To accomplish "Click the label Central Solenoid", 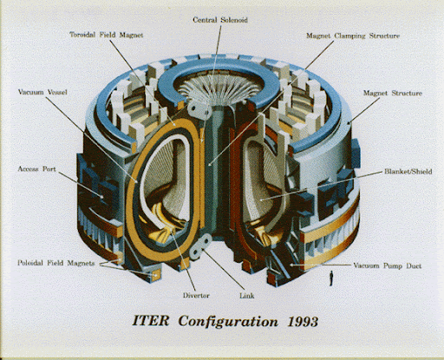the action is pos(220,20).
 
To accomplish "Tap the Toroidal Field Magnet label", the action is pos(107,35).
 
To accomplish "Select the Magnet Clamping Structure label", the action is pos(353,36).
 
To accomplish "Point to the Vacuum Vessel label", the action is pos(42,92).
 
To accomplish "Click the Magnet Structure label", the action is pos(393,93).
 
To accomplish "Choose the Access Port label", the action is pos(36,169).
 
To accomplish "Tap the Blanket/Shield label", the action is pos(408,172).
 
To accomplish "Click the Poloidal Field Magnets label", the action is pos(56,263).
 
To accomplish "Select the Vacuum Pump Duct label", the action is pos(388,265).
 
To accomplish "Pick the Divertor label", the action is pos(196,296).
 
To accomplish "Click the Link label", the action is pos(247,296).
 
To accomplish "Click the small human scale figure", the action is pos(331,278).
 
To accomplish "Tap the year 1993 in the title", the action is pos(303,322).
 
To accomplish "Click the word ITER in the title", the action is pos(151,321).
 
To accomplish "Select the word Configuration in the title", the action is pos(228,322).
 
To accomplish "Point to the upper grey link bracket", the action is pos(199,110).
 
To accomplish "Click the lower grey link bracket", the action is pos(200,246).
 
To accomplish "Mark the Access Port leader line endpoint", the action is pos(101,197).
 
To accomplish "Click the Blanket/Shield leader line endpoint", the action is pos(261,200).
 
